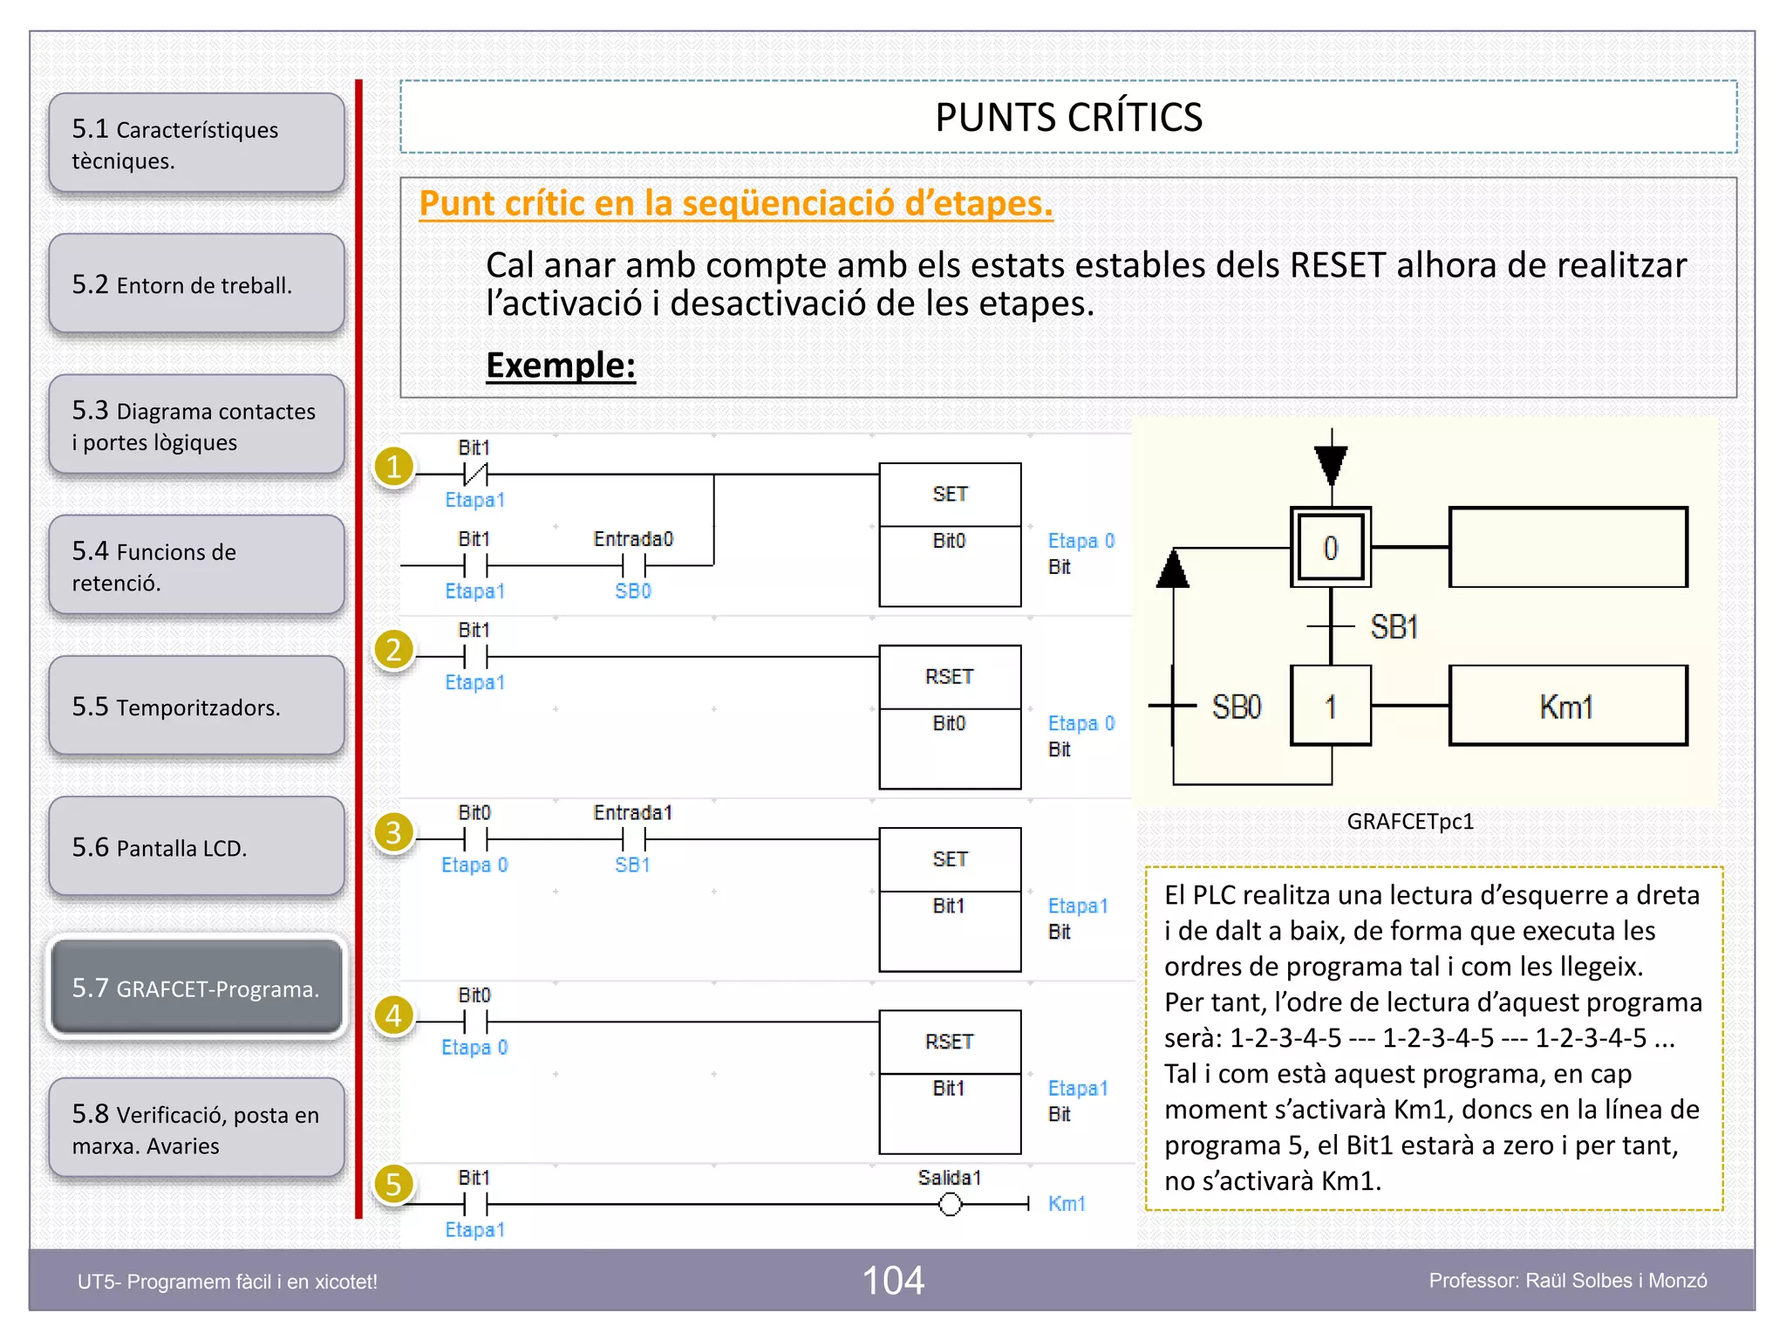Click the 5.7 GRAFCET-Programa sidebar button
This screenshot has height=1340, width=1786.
196,988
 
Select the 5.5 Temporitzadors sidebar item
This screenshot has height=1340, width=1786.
196,706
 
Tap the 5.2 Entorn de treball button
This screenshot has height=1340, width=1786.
196,284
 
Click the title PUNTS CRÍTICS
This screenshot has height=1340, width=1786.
1068,117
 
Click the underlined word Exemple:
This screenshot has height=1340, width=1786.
560,365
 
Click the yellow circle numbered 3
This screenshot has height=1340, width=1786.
393,832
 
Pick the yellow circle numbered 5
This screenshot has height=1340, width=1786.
393,1184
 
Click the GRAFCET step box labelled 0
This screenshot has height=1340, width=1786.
1330,548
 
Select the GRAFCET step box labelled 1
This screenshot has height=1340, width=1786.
1330,706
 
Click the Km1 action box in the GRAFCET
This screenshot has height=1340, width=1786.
1567,706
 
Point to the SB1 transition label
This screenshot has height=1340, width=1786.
1394,626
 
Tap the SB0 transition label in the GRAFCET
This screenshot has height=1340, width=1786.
1236,706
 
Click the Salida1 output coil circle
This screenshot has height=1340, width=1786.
950,1205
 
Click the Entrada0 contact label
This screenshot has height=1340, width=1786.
633,539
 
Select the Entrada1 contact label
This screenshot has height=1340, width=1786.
633,812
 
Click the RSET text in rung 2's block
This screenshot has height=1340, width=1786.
949,676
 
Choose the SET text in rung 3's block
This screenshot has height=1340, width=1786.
949,858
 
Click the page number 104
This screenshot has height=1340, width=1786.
893,1281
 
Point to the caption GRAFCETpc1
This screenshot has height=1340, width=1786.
1410,821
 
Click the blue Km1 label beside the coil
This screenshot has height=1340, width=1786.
1067,1204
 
